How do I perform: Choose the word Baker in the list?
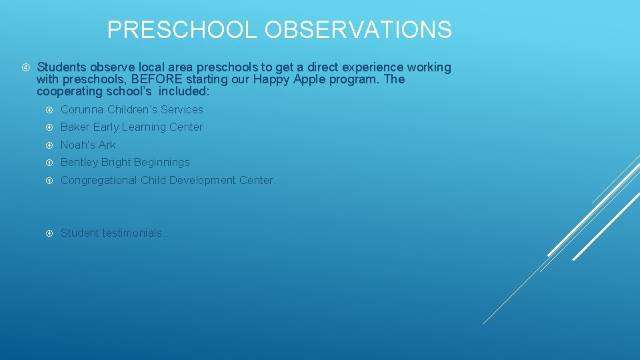pyautogui.click(x=75, y=127)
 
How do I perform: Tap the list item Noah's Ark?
pyautogui.click(x=88, y=145)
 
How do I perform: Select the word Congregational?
pyautogui.click(x=99, y=180)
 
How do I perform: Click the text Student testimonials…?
pyautogui.click(x=116, y=233)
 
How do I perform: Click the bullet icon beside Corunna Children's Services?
pyautogui.click(x=49, y=109)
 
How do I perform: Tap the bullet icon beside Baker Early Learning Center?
pyautogui.click(x=49, y=127)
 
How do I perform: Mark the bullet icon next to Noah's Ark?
pyautogui.click(x=49, y=145)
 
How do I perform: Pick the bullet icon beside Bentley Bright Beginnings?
pyautogui.click(x=49, y=162)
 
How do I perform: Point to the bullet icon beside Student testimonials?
pyautogui.click(x=49, y=233)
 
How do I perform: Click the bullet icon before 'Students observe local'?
pyautogui.click(x=25, y=67)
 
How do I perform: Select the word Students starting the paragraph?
pyautogui.click(x=61, y=67)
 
